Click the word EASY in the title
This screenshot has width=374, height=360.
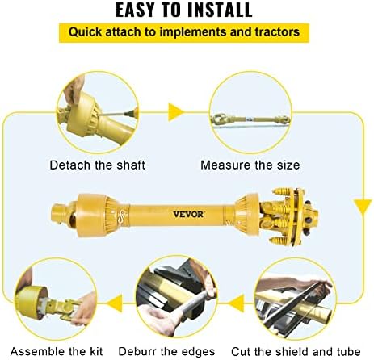pyautogui.click(x=136, y=10)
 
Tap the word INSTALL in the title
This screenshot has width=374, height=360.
pyautogui.click(x=220, y=10)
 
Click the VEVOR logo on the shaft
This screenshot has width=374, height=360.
pyautogui.click(x=188, y=214)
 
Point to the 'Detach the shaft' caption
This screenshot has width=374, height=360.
pyautogui.click(x=98, y=165)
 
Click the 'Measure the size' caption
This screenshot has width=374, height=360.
pyautogui.click(x=250, y=165)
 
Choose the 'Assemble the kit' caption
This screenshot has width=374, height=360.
pyautogui.click(x=57, y=351)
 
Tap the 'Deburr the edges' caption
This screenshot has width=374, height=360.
pyautogui.click(x=166, y=351)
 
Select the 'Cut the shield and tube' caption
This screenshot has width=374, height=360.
pyautogui.click(x=296, y=351)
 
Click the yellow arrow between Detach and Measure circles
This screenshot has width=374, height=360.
pyautogui.click(x=175, y=112)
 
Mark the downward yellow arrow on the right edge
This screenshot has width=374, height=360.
pyautogui.click(x=363, y=207)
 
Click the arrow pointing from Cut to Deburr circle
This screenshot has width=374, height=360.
pyautogui.click(x=237, y=303)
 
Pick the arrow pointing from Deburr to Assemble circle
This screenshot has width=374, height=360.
pyautogui.click(x=115, y=303)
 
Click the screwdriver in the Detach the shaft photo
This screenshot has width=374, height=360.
pyautogui.click(x=118, y=114)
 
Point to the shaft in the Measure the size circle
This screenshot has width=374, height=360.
pyautogui.click(x=250, y=119)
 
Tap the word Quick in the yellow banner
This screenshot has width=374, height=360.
pyautogui.click(x=85, y=32)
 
